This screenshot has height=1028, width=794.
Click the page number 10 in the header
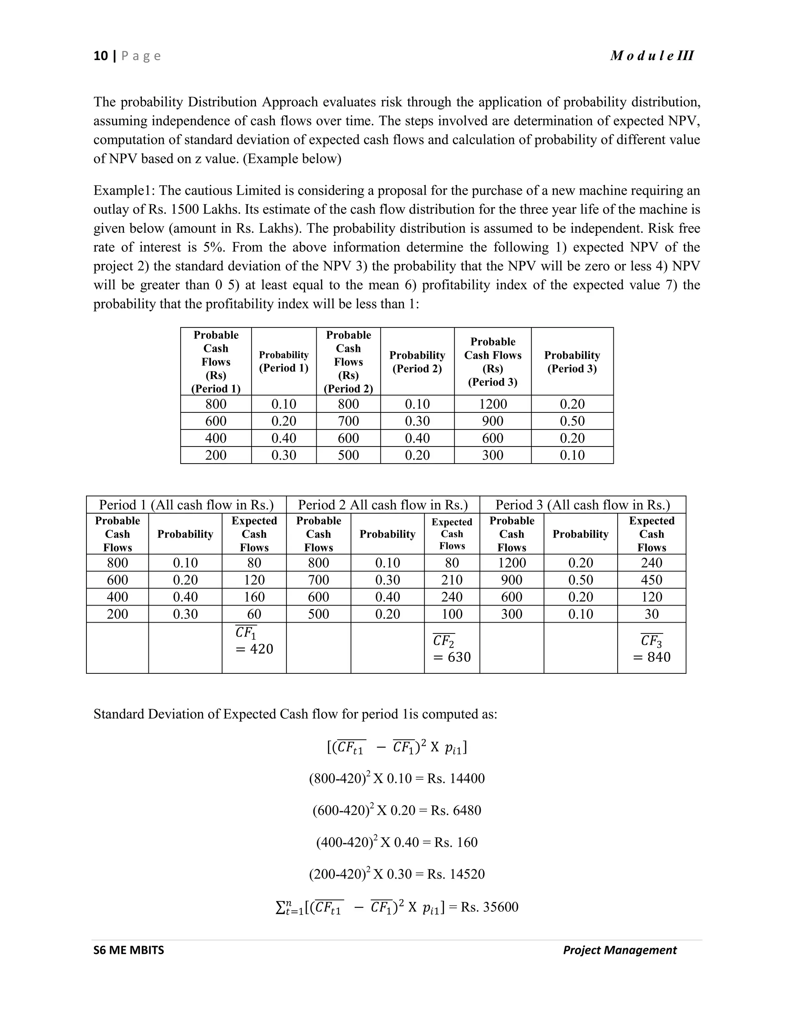(101, 56)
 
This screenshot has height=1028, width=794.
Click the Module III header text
(651, 56)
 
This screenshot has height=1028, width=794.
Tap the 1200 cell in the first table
(492, 404)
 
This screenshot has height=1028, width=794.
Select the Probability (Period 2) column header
(417, 362)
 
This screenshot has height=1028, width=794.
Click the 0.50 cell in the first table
(572, 421)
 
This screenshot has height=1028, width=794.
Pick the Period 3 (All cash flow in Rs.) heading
(582, 505)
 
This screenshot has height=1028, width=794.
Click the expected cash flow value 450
(651, 580)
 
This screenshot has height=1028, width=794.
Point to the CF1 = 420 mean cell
(254, 641)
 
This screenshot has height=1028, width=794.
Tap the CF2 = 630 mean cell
(452, 649)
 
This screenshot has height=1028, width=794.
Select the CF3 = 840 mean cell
(651, 649)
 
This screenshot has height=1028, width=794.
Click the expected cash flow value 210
(452, 580)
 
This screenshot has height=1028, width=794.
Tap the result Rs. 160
(456, 842)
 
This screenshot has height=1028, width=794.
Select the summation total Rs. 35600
(489, 907)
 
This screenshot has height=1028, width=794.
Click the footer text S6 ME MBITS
(128, 950)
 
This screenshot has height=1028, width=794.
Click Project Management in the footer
(620, 950)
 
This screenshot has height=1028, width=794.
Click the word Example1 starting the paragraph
(124, 190)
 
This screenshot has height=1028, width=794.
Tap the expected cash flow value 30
(651, 614)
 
